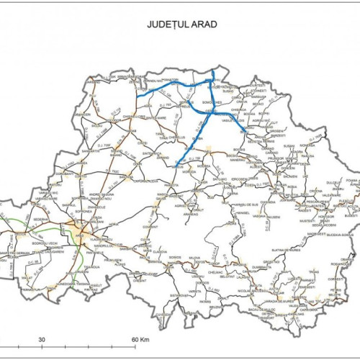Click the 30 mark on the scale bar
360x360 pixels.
pos(42,338)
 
